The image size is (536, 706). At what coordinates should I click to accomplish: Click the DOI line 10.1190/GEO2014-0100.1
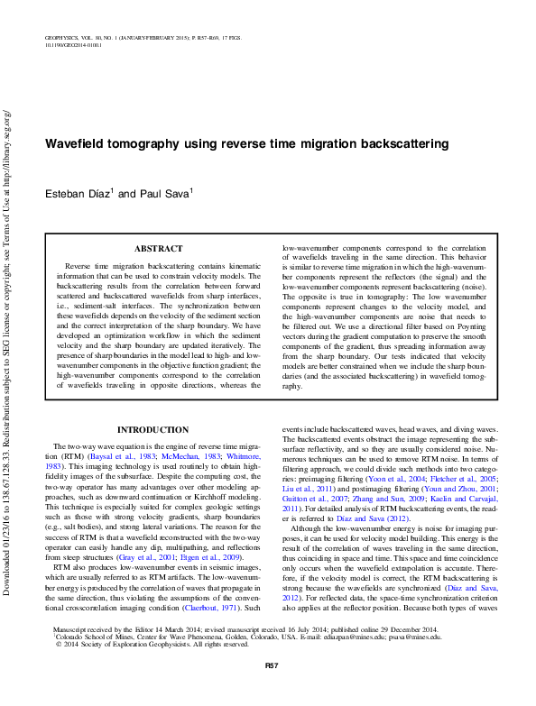point(73,43)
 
